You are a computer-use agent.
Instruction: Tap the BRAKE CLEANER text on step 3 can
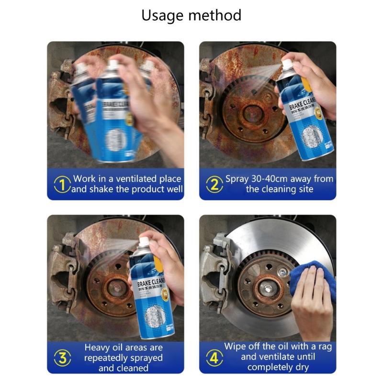pos(152,282)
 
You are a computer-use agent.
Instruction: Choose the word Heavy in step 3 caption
pos(98,348)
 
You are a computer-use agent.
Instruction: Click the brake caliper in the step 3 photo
pos(65,273)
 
